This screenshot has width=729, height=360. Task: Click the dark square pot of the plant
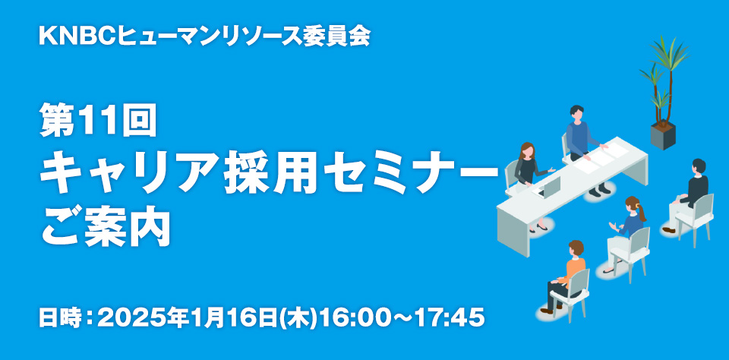point(663,135)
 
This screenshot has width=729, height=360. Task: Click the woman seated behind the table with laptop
point(529,181)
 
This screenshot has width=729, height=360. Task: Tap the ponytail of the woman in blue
point(641,212)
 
